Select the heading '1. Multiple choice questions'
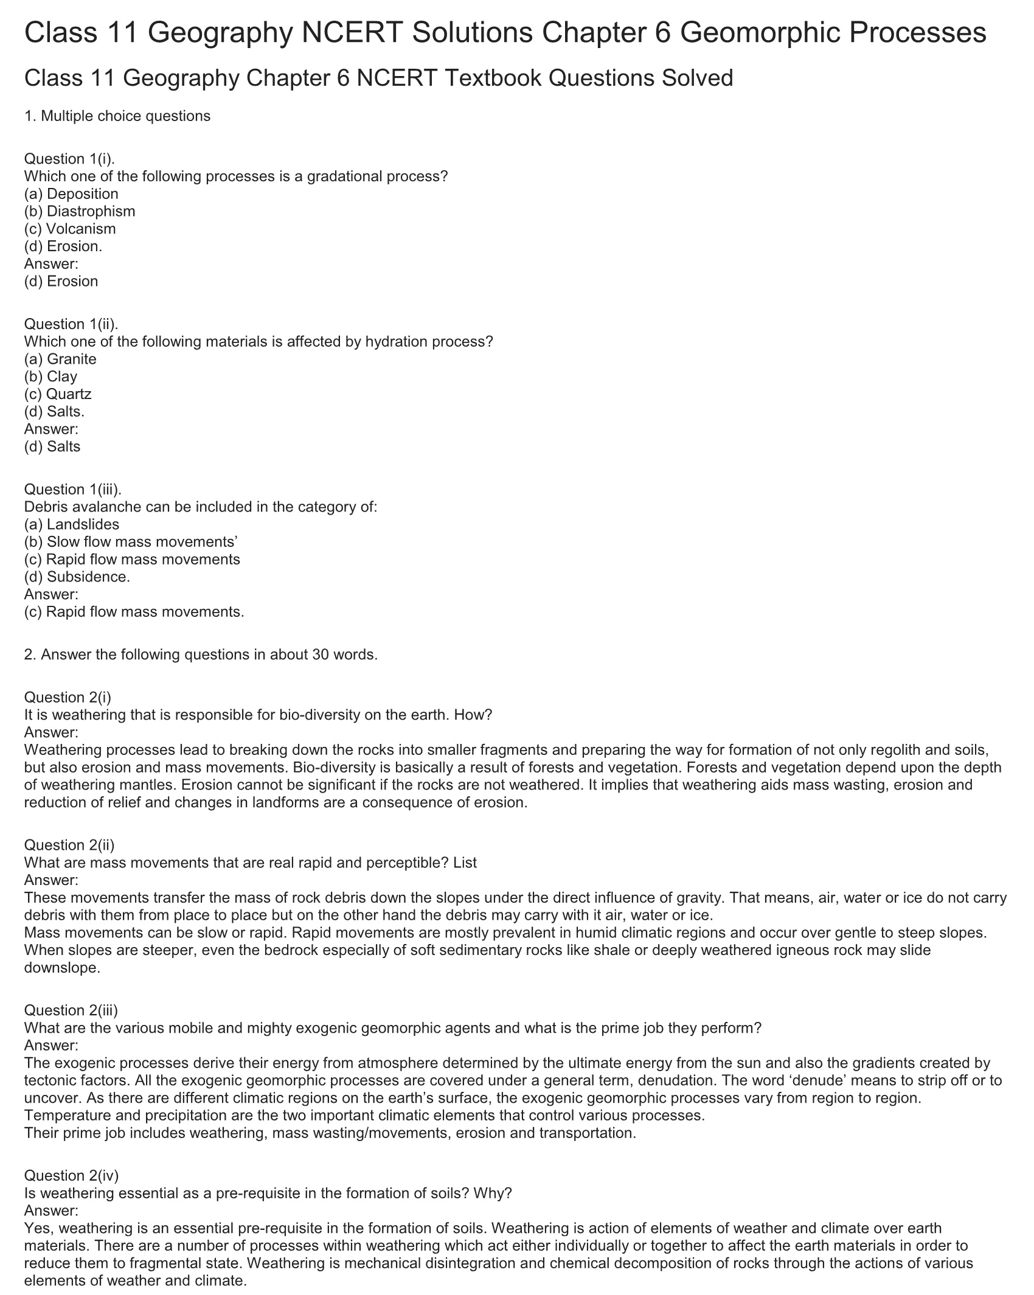[x=117, y=116]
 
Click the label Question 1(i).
[x=69, y=159]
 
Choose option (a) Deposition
[x=71, y=194]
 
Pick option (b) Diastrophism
[x=80, y=212]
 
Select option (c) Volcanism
[x=70, y=229]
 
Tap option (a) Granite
[x=60, y=359]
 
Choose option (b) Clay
[x=51, y=377]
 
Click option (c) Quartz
[x=58, y=394]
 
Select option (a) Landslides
[x=72, y=524]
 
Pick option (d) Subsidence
[x=77, y=577]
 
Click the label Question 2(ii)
[x=69, y=845]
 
